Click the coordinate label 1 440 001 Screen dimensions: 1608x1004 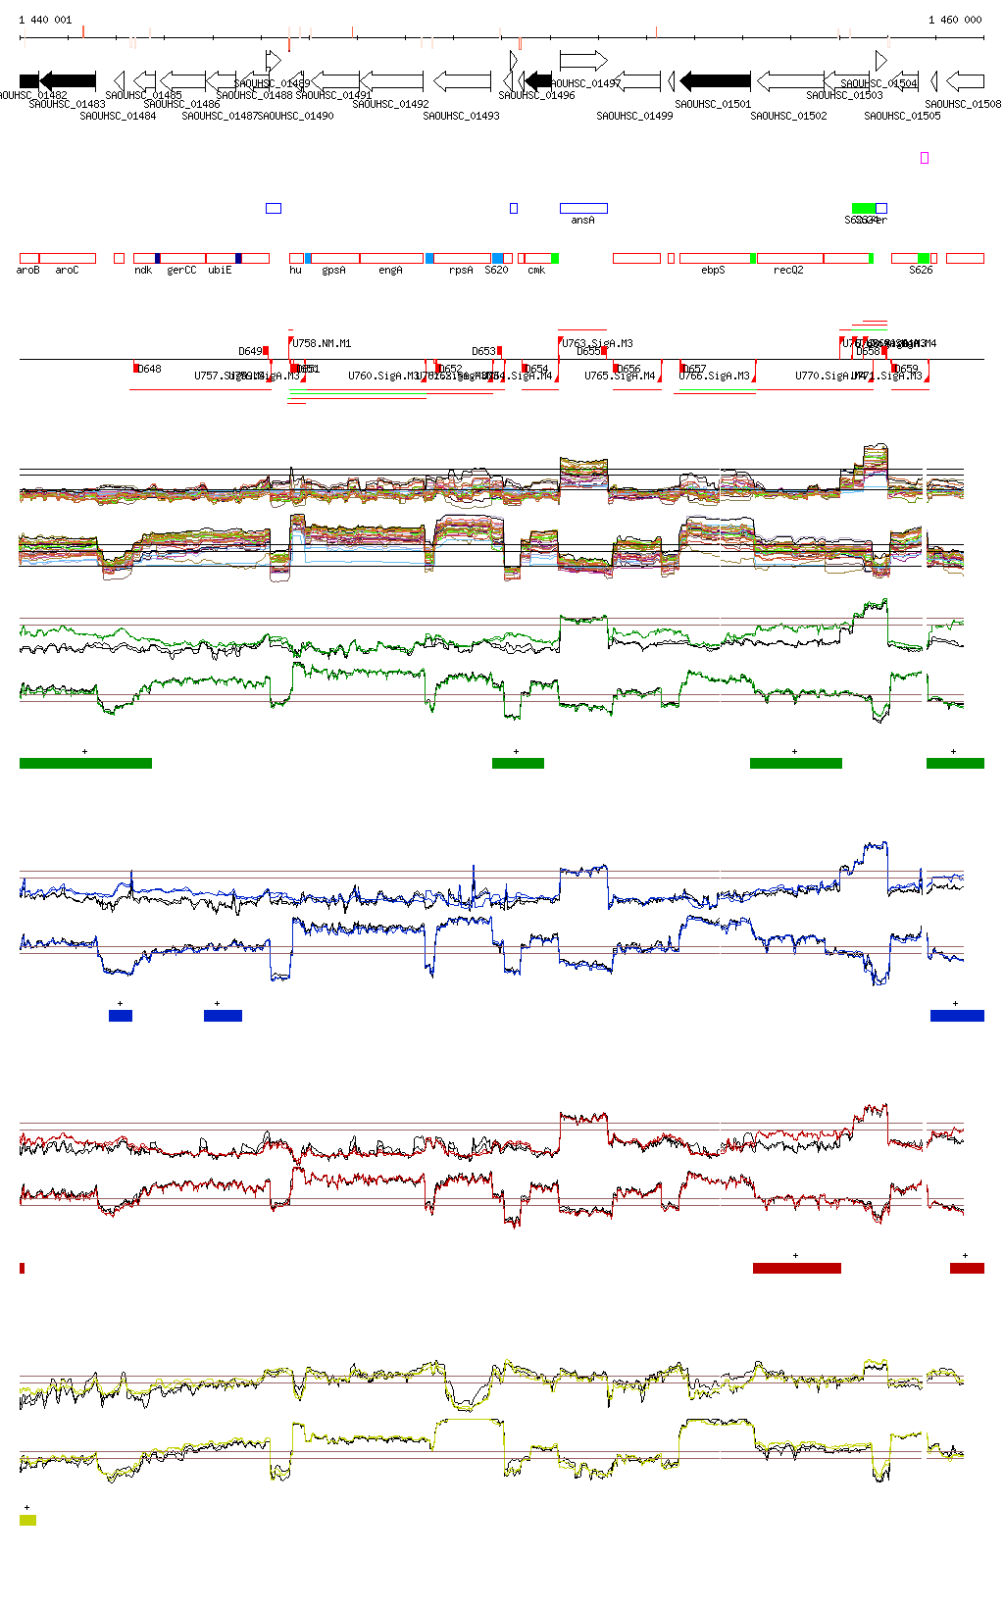[45, 20]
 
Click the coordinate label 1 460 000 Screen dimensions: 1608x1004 [955, 20]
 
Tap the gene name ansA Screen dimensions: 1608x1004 [582, 221]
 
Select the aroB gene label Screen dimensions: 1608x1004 [28, 271]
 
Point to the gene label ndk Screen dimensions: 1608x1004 [143, 271]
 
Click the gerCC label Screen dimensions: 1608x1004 [181, 271]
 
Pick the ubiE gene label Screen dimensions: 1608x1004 [220, 271]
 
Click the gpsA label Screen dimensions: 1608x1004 [333, 271]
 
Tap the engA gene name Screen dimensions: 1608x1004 [390, 271]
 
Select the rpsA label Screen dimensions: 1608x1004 [461, 271]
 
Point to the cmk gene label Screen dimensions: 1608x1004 [536, 271]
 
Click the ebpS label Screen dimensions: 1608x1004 [713, 271]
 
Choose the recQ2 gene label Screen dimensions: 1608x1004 [788, 271]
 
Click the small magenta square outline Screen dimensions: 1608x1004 [925, 158]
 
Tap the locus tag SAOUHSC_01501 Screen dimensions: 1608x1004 [713, 104]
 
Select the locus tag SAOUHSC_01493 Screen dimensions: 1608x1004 [461, 116]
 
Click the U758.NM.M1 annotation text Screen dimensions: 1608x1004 [322, 344]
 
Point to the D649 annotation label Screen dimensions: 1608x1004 [250, 351]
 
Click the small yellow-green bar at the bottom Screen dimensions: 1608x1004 [27, 1520]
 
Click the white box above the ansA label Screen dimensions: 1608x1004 [583, 208]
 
